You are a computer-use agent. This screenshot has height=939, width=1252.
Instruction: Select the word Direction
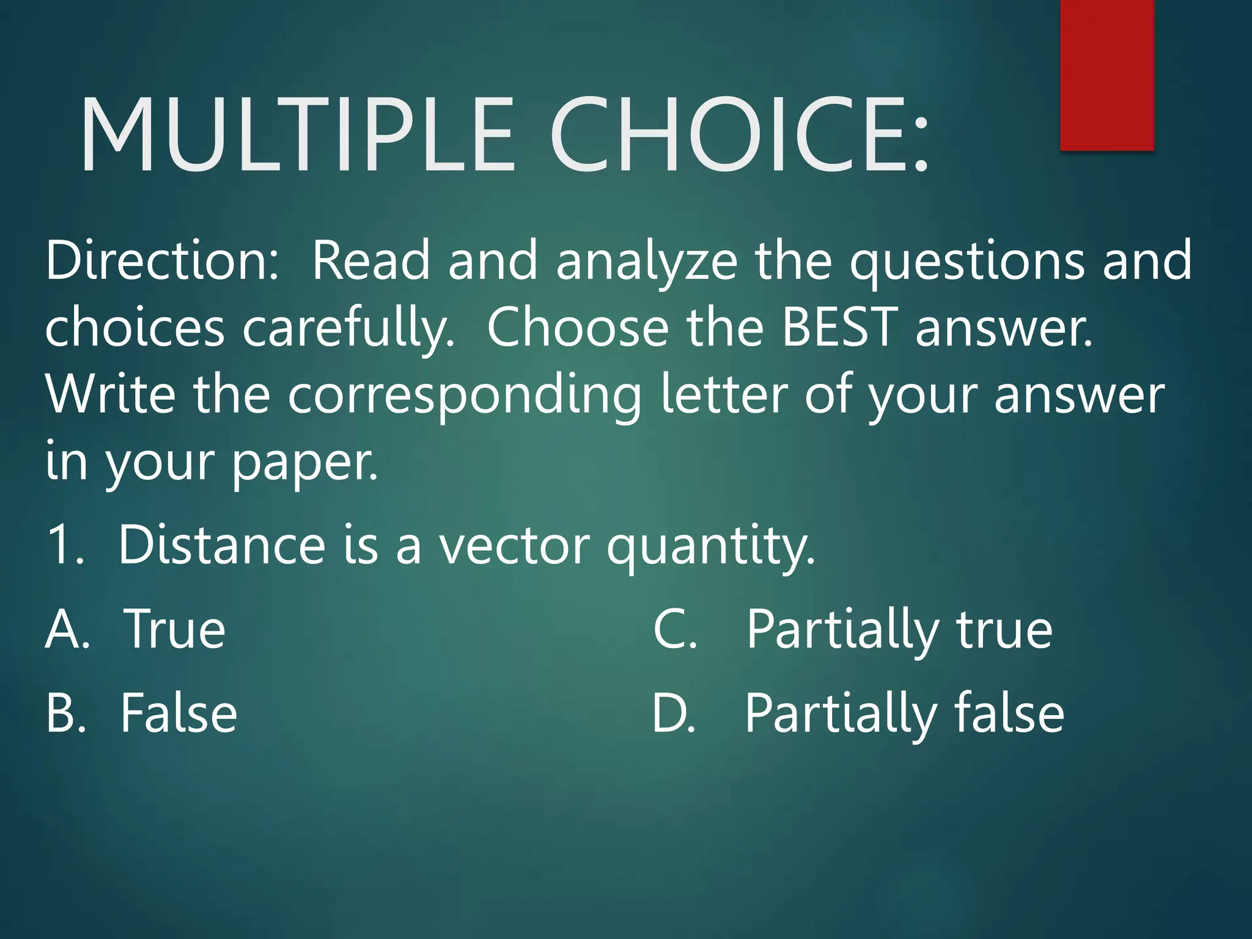pos(162,261)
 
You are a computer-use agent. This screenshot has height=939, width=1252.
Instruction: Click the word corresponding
pos(465,396)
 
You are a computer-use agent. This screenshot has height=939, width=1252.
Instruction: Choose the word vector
pos(515,545)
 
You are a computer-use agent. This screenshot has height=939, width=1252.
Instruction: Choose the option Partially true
pos(899,630)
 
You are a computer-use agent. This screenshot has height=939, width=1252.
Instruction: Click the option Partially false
pos(904,714)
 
